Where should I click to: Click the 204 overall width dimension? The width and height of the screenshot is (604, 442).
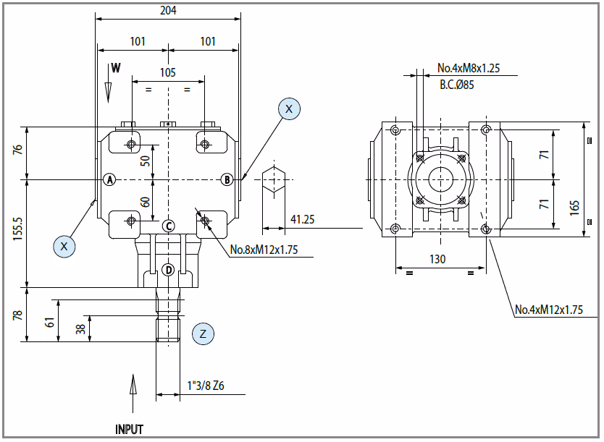point(168,10)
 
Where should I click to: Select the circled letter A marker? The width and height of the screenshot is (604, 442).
point(110,179)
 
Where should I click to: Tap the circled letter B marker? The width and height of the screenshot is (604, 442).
point(227,179)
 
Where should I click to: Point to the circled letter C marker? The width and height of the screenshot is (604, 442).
point(168,226)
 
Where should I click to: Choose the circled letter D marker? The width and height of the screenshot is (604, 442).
point(168,270)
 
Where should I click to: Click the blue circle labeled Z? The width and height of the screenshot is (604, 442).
point(203,333)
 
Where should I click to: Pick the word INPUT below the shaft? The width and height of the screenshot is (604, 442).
point(129,429)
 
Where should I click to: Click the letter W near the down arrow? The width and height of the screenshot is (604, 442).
point(116,68)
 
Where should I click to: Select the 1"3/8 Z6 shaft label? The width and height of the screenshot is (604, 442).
point(206,386)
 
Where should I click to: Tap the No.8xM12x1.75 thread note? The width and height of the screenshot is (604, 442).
point(264,250)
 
